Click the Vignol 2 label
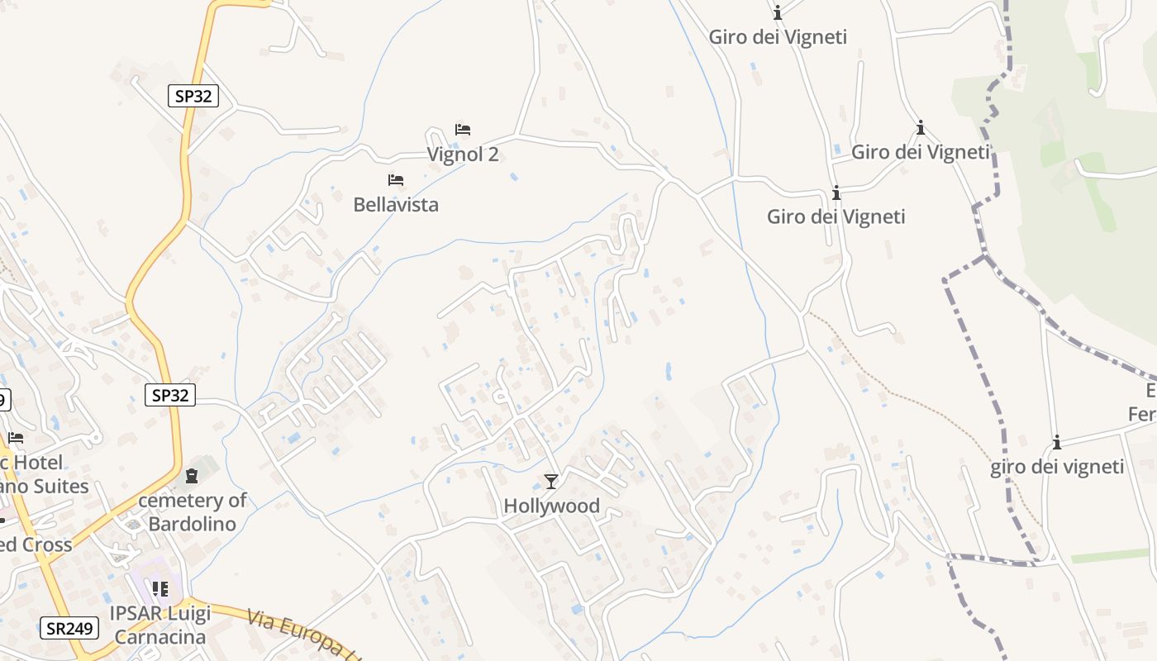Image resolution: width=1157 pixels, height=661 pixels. point(462,155)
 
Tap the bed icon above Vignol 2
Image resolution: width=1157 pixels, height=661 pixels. point(463,130)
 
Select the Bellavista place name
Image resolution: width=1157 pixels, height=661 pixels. point(396,204)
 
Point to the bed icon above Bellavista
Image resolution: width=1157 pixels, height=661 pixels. point(396,179)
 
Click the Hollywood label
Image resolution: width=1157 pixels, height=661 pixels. point(551,506)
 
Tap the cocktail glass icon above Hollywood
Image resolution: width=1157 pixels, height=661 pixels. point(551,481)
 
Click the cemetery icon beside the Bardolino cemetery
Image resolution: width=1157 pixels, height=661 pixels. point(192,476)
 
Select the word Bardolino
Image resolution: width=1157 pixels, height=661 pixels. point(192,524)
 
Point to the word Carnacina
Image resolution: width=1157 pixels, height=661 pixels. point(160,637)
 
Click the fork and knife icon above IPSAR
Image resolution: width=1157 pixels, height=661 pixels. point(160,589)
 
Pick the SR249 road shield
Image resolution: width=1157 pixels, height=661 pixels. point(69,629)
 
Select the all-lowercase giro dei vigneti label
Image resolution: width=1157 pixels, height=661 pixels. point(1057,467)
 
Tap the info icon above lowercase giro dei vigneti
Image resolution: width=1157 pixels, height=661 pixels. point(1056,443)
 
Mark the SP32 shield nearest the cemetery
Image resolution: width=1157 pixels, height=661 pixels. point(170,396)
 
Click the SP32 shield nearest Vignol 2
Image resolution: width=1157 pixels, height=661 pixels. point(193,96)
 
